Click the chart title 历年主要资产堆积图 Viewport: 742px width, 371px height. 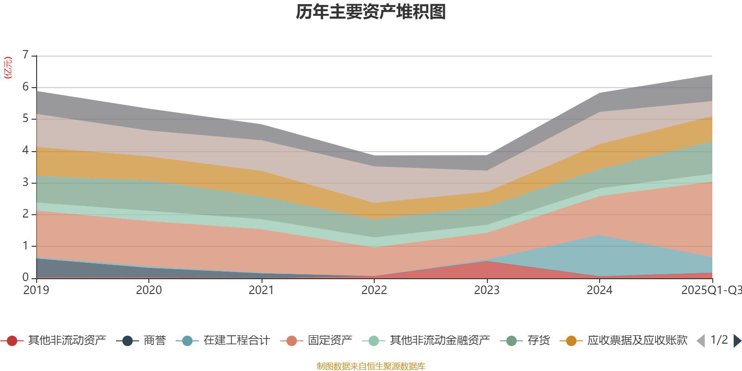pyautogui.click(x=371, y=13)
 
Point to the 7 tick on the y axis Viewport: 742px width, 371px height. pyautogui.click(x=26, y=55)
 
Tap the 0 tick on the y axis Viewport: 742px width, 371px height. pyautogui.click(x=26, y=277)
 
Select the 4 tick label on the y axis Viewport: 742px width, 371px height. pyautogui.click(x=26, y=150)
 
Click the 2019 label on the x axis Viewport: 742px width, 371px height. pyautogui.click(x=36, y=290)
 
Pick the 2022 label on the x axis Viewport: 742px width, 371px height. pyautogui.click(x=374, y=290)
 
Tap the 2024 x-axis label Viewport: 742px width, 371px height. pyautogui.click(x=599, y=290)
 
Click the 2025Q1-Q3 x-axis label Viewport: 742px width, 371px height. pyautogui.click(x=710, y=290)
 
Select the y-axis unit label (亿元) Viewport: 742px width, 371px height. pyautogui.click(x=8, y=68)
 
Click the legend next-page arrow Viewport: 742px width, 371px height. pyautogui.click(x=737, y=341)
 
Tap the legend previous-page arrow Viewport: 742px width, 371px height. pyautogui.click(x=701, y=341)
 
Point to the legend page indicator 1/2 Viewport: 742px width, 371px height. pyautogui.click(x=719, y=340)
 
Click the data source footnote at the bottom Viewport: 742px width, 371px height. pyautogui.click(x=371, y=366)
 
